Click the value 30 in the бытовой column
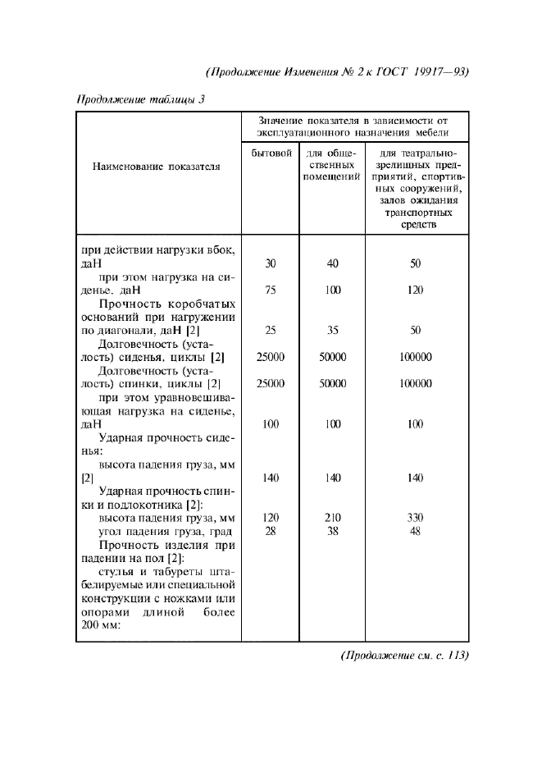click(x=271, y=264)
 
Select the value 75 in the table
click(x=271, y=290)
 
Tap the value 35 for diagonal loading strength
click(x=333, y=331)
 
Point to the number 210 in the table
click(x=333, y=518)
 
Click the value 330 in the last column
click(x=415, y=518)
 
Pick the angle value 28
click(x=271, y=531)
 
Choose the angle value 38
click(x=333, y=531)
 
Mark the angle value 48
click(x=415, y=531)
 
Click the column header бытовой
click(x=271, y=153)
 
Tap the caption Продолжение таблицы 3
click(x=140, y=100)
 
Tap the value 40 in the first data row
click(x=333, y=264)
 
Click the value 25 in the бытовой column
click(x=271, y=331)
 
